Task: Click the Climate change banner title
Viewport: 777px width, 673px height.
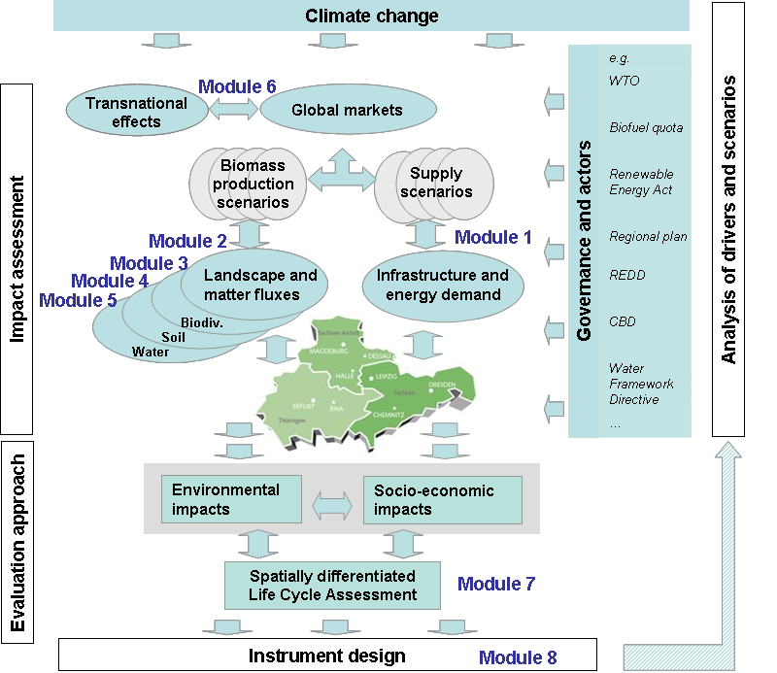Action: [x=371, y=16]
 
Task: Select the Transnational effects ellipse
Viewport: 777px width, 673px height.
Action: [x=136, y=111]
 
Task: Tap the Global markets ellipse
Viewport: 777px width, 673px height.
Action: [x=347, y=110]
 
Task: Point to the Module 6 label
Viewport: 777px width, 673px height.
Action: [x=237, y=86]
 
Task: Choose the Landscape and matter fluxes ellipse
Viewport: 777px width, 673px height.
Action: [x=260, y=285]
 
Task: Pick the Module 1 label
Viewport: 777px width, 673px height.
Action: [x=493, y=237]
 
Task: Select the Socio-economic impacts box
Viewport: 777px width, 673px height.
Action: [x=434, y=499]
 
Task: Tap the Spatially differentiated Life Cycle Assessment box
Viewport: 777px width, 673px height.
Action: [x=332, y=586]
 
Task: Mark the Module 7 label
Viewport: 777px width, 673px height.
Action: [x=495, y=584]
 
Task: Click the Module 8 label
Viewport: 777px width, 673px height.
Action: [x=518, y=657]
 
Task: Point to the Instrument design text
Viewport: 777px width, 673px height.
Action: [x=326, y=656]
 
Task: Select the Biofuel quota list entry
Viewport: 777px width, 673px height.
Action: [x=646, y=127]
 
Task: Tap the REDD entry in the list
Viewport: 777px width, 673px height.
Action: [x=626, y=275]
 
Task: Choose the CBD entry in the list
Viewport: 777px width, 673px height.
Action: [x=623, y=320]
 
